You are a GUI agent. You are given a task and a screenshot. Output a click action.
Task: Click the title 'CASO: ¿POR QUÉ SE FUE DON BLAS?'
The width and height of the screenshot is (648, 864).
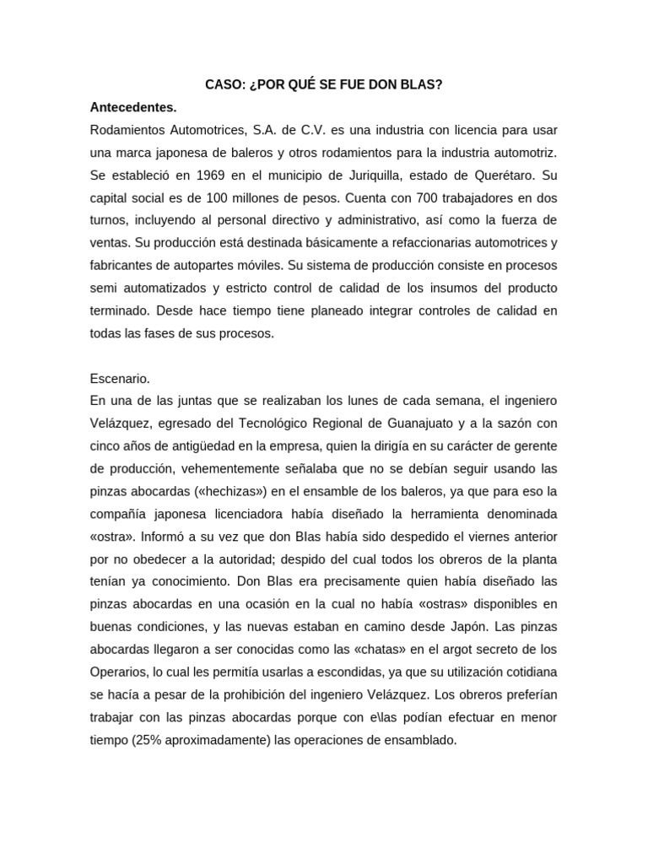click(x=324, y=86)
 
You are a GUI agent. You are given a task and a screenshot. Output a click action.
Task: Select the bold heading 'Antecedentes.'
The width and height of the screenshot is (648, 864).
click(x=133, y=108)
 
